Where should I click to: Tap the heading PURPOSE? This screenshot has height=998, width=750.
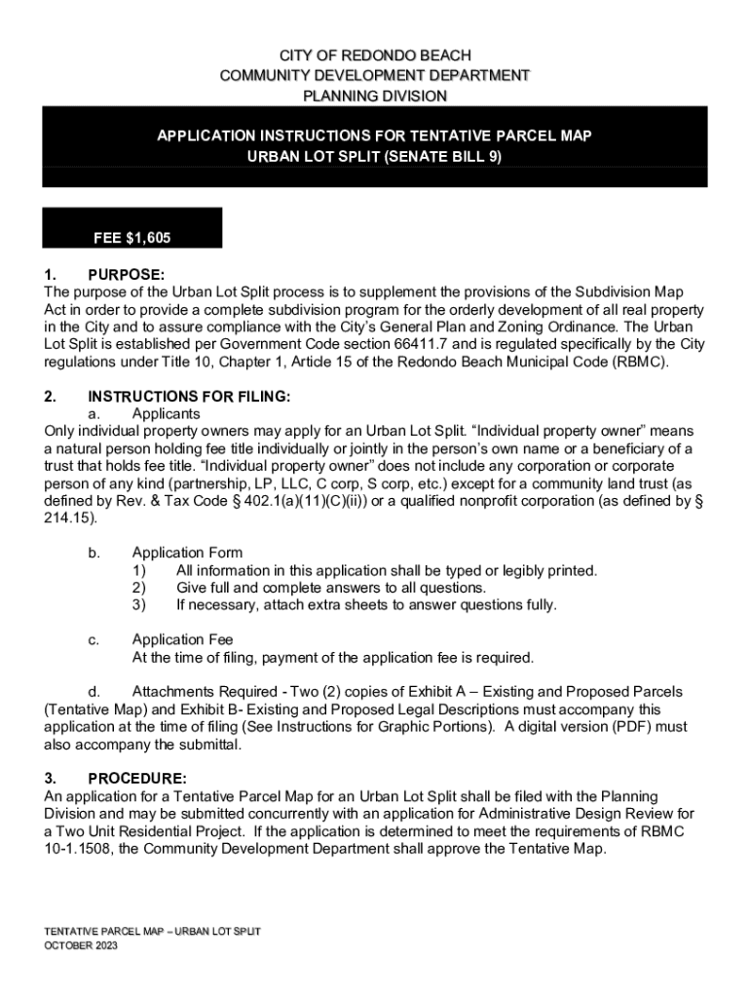(x=126, y=276)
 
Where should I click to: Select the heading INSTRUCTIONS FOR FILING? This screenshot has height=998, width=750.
(x=189, y=397)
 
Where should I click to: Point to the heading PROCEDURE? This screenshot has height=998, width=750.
(x=137, y=779)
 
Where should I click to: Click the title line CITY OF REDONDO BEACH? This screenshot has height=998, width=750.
(x=375, y=57)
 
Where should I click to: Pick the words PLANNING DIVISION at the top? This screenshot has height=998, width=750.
(x=375, y=96)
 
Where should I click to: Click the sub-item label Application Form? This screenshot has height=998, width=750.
(x=187, y=553)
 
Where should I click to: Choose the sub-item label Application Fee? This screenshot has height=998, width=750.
(x=182, y=639)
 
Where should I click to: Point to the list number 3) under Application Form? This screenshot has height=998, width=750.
(x=139, y=604)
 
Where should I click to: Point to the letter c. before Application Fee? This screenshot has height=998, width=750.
(x=94, y=639)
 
